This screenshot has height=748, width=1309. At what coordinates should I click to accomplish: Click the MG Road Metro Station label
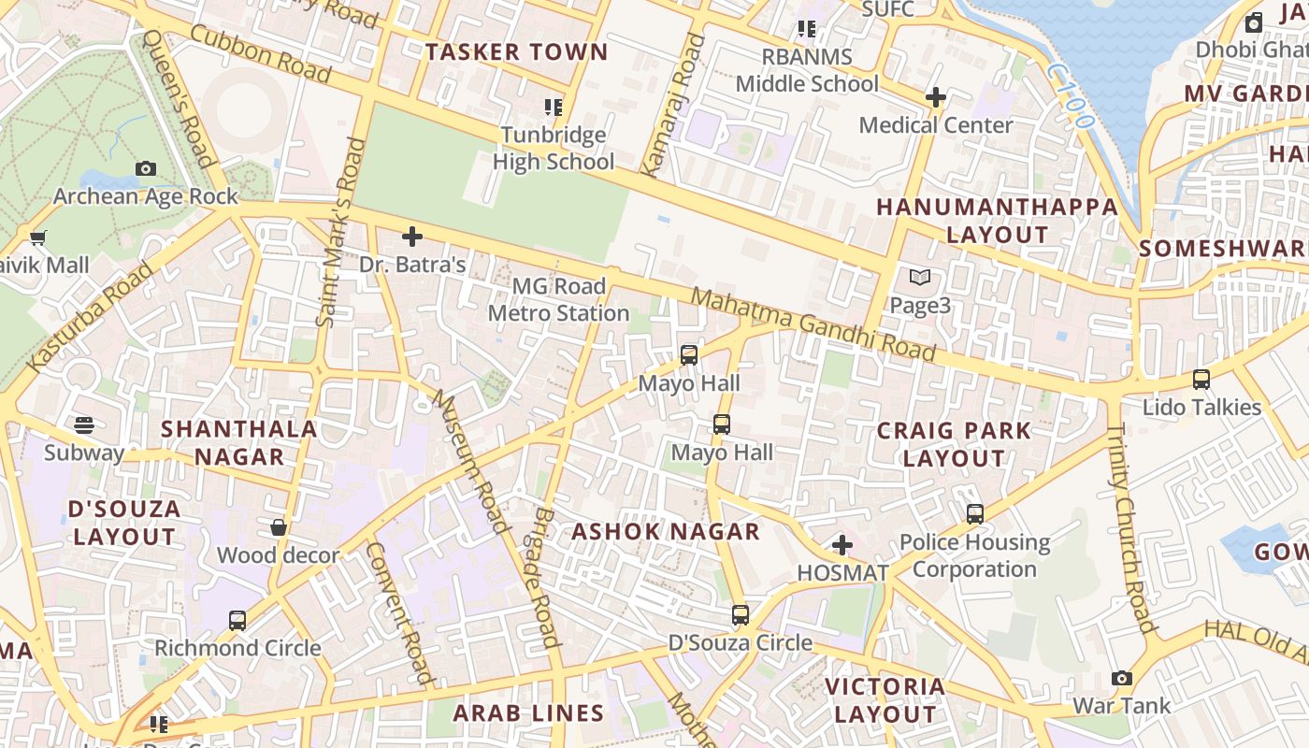558,299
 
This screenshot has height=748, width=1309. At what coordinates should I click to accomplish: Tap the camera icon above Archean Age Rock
145,168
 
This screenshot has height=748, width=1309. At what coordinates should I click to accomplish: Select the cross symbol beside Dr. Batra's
411,237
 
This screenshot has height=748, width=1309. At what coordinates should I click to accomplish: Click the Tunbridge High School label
554,149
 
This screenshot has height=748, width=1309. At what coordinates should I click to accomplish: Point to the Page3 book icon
920,278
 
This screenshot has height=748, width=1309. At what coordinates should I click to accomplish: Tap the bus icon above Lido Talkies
1201,380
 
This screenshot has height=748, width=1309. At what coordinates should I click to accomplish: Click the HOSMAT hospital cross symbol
841,544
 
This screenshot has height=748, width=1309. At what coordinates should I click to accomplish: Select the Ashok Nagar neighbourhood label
666,531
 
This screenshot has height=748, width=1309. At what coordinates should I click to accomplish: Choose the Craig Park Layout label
953,444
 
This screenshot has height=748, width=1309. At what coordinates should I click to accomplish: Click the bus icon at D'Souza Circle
741,615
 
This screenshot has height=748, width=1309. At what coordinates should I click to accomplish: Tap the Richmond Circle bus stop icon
237,620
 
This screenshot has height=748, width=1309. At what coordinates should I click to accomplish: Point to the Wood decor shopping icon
278,527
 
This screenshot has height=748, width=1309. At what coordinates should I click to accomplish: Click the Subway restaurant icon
84,425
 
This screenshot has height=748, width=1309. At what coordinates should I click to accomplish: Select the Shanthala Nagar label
239,442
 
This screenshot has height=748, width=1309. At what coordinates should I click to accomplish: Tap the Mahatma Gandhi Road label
813,324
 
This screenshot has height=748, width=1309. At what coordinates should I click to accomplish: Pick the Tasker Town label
516,52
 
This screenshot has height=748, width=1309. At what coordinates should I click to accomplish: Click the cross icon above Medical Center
935,97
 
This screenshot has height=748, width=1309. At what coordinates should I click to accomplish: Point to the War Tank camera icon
1122,678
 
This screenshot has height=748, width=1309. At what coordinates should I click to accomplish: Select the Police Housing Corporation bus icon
975,513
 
